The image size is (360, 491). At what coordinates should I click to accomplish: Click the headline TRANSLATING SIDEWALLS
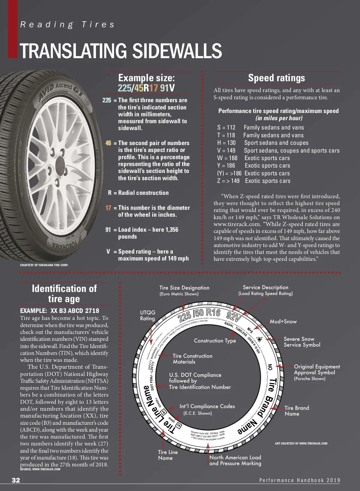[x=121, y=51]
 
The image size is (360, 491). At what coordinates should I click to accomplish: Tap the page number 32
[x=16, y=480]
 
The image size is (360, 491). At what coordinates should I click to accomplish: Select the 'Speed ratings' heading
[x=276, y=78]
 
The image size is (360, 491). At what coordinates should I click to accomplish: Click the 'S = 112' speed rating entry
[x=226, y=128]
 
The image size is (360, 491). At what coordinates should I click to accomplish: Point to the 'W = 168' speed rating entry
[x=227, y=158]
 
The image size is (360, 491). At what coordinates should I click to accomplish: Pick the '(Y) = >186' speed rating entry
[x=229, y=173]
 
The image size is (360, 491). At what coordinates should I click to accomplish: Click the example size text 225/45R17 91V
[x=146, y=88]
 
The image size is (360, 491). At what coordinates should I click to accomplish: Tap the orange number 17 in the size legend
[x=108, y=208]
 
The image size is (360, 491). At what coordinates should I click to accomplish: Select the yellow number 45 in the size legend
[x=108, y=143]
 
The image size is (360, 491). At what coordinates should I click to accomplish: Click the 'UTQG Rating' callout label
[x=148, y=315]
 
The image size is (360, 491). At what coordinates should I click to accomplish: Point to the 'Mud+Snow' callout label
[x=283, y=322]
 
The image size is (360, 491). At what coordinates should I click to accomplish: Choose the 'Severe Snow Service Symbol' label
[x=302, y=342]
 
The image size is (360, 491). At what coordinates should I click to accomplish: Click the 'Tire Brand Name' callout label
[x=297, y=411]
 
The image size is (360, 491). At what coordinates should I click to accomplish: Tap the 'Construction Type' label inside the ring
[x=215, y=341]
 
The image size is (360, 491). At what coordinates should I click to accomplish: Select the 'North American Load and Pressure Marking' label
[x=235, y=460]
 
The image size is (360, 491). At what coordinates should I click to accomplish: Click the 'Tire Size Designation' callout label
[x=184, y=290]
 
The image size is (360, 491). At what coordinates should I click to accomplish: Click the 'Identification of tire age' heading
[x=64, y=293]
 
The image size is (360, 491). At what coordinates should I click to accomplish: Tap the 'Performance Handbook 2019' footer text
[x=300, y=480]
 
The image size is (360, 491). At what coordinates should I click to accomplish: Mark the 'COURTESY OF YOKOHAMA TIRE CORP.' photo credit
[x=44, y=265]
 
